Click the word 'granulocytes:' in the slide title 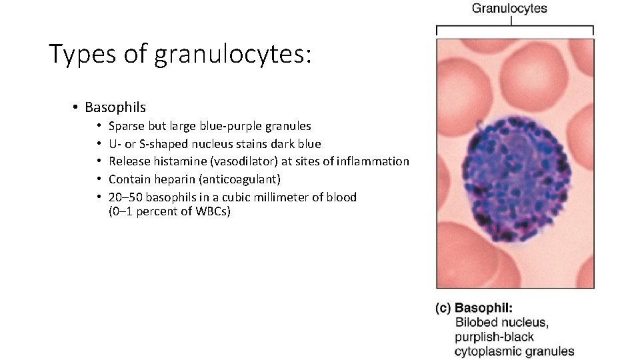[x=232, y=55]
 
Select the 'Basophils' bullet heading [x=115, y=107]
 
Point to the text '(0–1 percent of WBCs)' [x=169, y=213]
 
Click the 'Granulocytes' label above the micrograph [x=510, y=9]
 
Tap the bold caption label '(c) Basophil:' [x=473, y=309]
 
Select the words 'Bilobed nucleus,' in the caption [x=502, y=323]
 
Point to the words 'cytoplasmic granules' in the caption [x=514, y=351]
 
